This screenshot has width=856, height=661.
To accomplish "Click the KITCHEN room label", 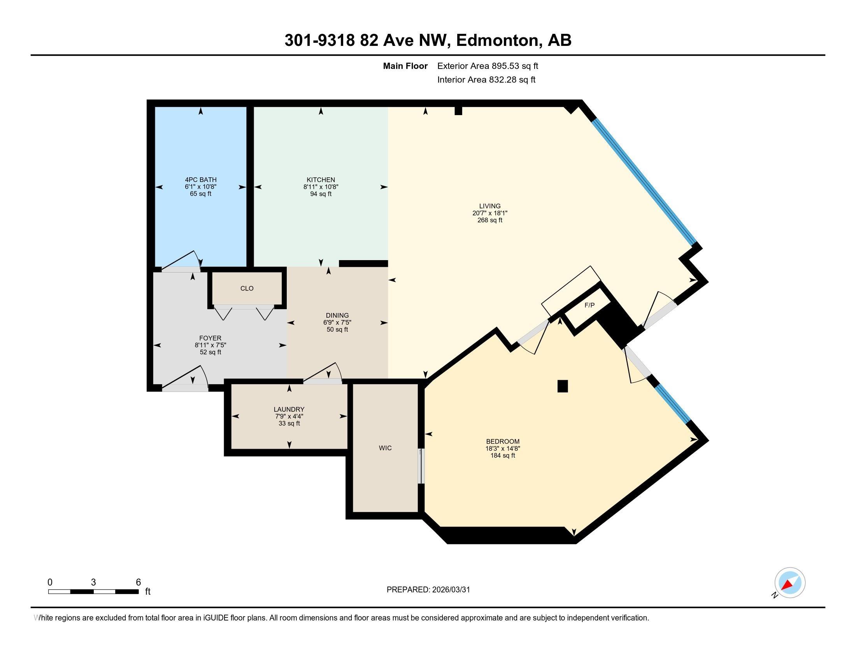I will (x=321, y=180).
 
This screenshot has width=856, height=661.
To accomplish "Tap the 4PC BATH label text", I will (x=201, y=180).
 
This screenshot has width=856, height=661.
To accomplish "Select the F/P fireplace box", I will (x=589, y=305).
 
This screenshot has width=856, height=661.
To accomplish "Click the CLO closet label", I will (x=247, y=288).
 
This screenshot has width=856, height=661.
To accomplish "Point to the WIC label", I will (x=385, y=448).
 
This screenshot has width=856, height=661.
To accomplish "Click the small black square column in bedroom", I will (x=563, y=386).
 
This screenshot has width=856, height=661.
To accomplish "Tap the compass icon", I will (x=790, y=583).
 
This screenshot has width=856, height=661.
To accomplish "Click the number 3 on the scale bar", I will (x=93, y=582).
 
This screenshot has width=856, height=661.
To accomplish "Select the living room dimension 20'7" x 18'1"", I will (x=489, y=213).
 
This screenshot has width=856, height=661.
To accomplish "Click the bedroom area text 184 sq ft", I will (x=502, y=455).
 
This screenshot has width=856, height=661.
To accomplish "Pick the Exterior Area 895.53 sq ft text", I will (x=488, y=66).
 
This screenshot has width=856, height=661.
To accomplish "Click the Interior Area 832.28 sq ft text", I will (x=486, y=79).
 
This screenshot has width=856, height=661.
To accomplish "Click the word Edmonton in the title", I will (x=497, y=40).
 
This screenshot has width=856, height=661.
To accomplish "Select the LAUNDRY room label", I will (x=289, y=409).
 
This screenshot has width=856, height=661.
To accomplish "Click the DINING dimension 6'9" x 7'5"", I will (x=337, y=322).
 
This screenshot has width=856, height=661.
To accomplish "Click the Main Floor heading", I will (x=405, y=66).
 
